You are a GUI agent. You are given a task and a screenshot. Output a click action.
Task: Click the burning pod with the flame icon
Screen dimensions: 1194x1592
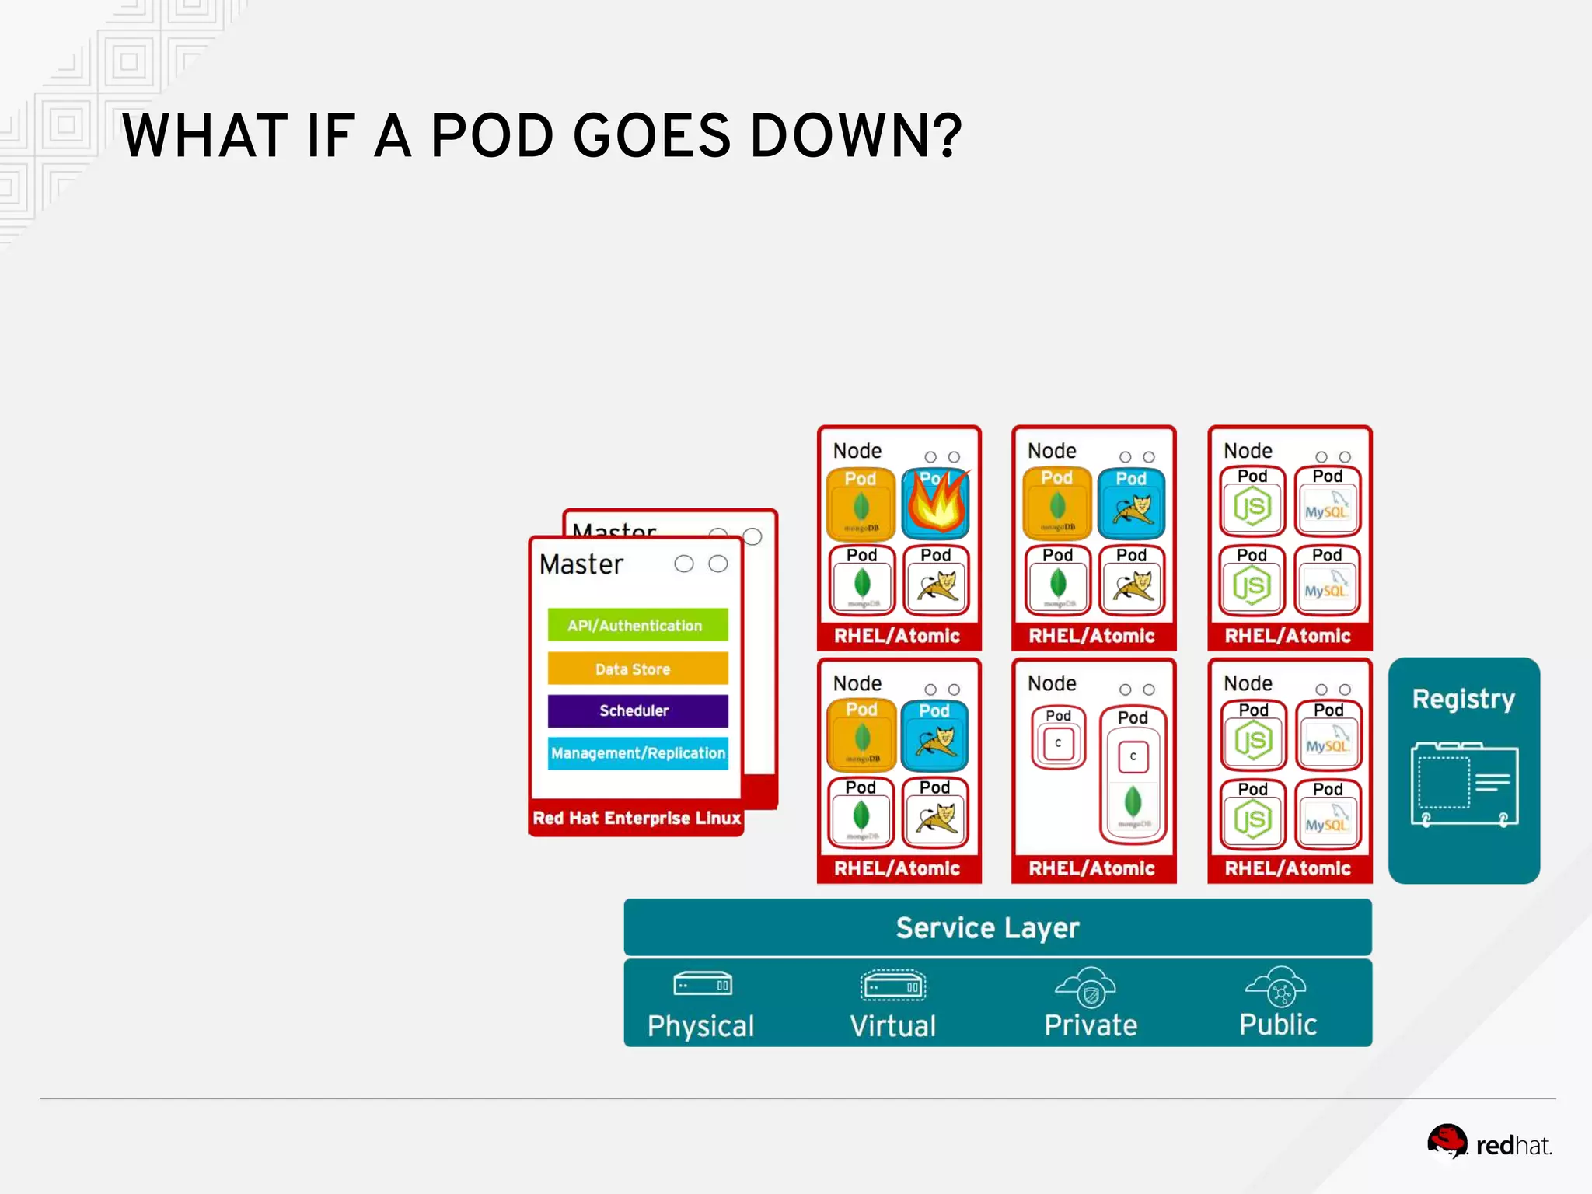click(935, 504)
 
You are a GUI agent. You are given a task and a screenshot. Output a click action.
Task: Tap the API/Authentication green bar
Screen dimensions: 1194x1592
click(637, 625)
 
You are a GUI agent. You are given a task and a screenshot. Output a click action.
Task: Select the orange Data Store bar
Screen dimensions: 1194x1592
click(637, 669)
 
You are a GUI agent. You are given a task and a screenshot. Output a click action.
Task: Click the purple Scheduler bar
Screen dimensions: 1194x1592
click(637, 710)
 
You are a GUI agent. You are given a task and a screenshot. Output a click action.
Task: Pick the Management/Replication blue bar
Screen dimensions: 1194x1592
click(637, 752)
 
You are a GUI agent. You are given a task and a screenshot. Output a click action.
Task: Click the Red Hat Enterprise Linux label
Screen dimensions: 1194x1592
click(636, 818)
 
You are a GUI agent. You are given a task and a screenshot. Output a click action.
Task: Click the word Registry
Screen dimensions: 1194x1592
click(1463, 699)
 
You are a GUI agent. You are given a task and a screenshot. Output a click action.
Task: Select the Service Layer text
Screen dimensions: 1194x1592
click(987, 927)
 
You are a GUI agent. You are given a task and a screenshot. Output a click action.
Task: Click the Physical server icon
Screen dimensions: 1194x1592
click(702, 985)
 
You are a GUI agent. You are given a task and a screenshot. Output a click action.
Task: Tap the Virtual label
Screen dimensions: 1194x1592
click(892, 1025)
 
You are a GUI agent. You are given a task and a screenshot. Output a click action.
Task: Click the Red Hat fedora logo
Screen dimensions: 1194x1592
click(1447, 1141)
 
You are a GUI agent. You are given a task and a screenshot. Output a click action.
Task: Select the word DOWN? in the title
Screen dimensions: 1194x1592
click(856, 136)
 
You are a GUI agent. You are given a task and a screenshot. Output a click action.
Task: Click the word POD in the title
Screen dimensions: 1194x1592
click(492, 136)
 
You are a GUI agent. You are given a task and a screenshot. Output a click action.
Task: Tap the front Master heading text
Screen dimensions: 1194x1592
click(581, 564)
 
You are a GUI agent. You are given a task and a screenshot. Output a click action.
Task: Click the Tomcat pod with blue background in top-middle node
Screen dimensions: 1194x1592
click(1131, 504)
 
